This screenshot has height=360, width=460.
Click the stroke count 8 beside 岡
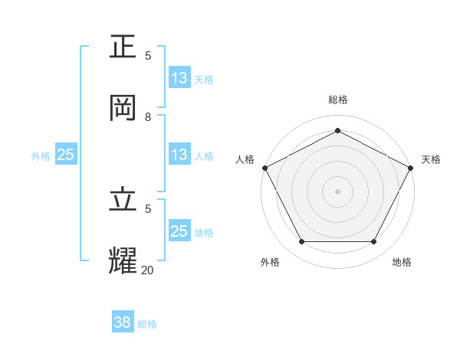(148, 117)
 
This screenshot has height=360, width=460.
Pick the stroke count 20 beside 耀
(147, 269)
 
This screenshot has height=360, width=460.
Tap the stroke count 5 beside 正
(148, 56)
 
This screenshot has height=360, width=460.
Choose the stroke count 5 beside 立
(148, 208)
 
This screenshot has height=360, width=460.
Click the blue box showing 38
(123, 322)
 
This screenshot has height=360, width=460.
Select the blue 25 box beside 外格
(66, 155)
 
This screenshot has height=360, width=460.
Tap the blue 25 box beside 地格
(179, 231)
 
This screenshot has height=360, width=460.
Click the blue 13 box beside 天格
(179, 78)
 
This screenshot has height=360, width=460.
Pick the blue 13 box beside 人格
(179, 155)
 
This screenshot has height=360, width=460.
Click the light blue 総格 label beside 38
(147, 324)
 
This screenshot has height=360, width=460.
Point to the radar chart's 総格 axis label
(337, 100)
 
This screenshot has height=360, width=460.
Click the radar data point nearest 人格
(264, 168)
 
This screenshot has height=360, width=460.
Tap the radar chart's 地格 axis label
(402, 262)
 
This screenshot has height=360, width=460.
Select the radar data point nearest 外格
(301, 242)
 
